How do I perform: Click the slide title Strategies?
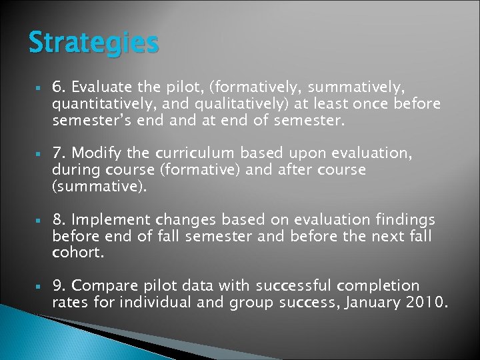coord(94,43)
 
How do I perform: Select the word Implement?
coord(111,220)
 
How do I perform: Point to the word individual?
coord(175,303)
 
